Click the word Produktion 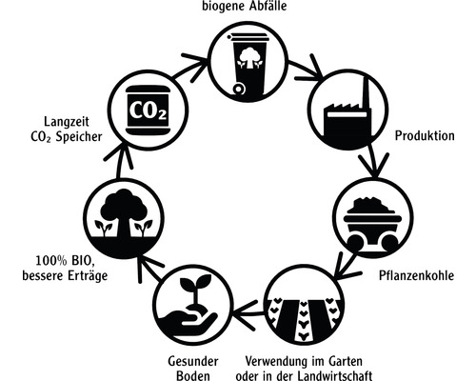pos(426,135)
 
